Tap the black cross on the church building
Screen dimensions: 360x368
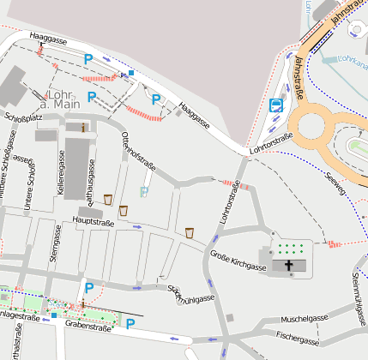click(x=289, y=267)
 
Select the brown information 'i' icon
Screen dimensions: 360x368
click(x=84, y=128)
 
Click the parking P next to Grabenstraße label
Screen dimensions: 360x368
click(x=130, y=323)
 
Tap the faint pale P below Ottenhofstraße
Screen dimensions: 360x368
click(x=144, y=192)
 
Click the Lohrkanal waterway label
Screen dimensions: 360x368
click(x=352, y=60)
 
